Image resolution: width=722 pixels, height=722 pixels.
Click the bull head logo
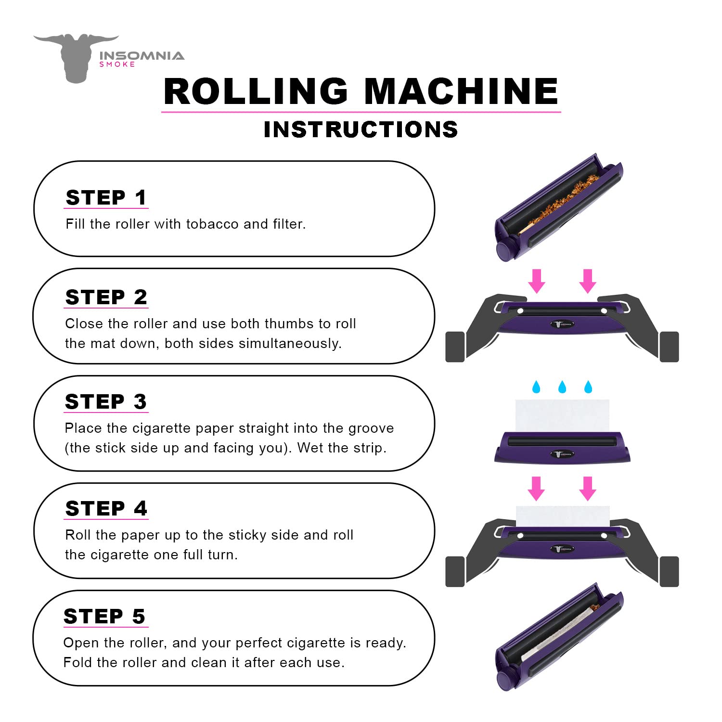[76, 57]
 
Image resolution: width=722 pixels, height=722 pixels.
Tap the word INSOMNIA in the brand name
[142, 55]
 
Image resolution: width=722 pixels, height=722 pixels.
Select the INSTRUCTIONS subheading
[361, 129]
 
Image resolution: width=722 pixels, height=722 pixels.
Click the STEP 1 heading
[106, 197]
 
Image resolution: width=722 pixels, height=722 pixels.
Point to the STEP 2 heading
[106, 297]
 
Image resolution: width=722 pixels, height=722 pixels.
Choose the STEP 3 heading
[106, 401]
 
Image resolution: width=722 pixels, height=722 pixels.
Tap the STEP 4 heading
[106, 508]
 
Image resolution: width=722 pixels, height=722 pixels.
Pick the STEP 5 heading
[104, 616]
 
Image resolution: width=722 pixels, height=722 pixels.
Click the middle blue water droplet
[562, 387]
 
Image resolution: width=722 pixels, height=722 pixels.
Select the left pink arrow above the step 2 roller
[537, 281]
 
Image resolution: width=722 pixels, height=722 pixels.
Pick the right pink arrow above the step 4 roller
[587, 488]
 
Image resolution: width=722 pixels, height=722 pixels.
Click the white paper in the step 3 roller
[562, 415]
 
